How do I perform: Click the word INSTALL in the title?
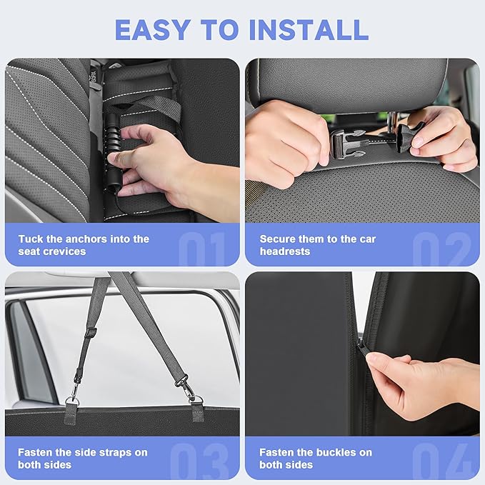click(309, 30)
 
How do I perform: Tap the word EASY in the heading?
click(152, 30)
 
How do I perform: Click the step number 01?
click(202, 249)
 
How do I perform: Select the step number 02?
click(441, 249)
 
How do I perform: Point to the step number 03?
click(199, 461)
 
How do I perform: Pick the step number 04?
click(441, 461)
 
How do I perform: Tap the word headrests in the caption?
click(285, 251)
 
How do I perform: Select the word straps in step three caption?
click(112, 453)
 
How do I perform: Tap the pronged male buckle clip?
click(345, 143)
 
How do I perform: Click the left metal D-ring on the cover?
click(72, 401)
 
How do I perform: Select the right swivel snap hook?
click(186, 386)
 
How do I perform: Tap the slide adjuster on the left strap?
click(90, 333)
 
